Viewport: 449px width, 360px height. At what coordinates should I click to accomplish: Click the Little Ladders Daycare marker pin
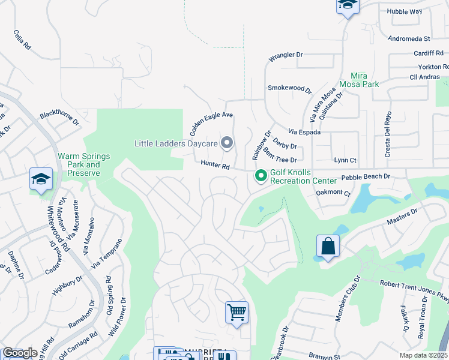[x=227, y=143]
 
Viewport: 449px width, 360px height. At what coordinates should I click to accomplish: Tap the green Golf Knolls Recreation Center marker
[x=261, y=176]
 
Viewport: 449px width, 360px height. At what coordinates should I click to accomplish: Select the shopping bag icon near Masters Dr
[x=328, y=247]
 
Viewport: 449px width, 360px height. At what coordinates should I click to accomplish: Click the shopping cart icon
[x=237, y=313]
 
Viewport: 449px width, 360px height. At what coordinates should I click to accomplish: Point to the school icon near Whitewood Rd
[x=41, y=179]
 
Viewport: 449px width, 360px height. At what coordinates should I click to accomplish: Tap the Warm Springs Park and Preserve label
[x=84, y=164]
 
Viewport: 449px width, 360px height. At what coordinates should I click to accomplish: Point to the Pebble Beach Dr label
[x=366, y=177]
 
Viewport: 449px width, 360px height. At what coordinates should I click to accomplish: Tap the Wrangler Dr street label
[x=286, y=55]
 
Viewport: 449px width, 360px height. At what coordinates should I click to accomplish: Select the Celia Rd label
[x=22, y=41]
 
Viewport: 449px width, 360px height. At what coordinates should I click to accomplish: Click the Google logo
[x=20, y=353]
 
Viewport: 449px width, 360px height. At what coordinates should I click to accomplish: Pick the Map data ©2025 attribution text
[x=424, y=355]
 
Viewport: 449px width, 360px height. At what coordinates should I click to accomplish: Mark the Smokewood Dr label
[x=290, y=89]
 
